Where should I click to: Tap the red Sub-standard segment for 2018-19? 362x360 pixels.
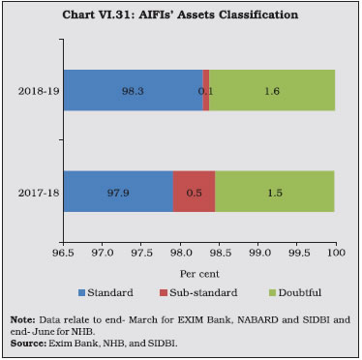[206, 90]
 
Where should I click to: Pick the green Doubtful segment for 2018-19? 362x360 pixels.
[273, 90]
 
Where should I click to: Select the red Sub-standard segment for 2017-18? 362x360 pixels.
[194, 191]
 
